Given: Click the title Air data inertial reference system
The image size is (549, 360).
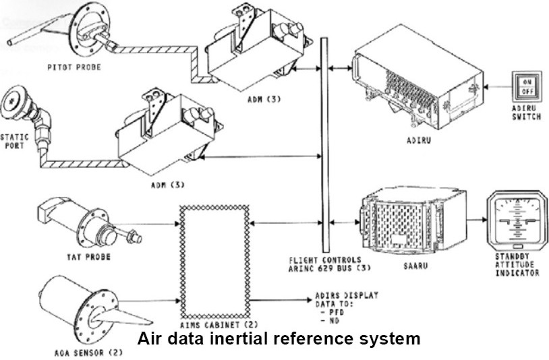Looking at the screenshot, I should (x=279, y=338).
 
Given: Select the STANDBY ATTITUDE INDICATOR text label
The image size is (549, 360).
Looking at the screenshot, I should (x=518, y=266).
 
